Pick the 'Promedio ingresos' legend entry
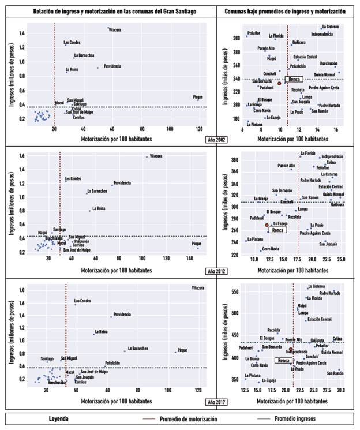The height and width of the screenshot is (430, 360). point(294,417)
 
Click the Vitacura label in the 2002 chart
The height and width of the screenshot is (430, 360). point(115,29)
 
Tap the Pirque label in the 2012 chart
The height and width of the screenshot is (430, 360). point(197,244)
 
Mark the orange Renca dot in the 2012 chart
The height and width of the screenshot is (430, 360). point(267,225)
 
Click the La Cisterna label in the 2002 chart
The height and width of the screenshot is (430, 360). point(330,27)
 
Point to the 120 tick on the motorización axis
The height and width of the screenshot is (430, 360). point(199,129)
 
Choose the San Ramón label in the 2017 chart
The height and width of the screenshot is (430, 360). point(335,373)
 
